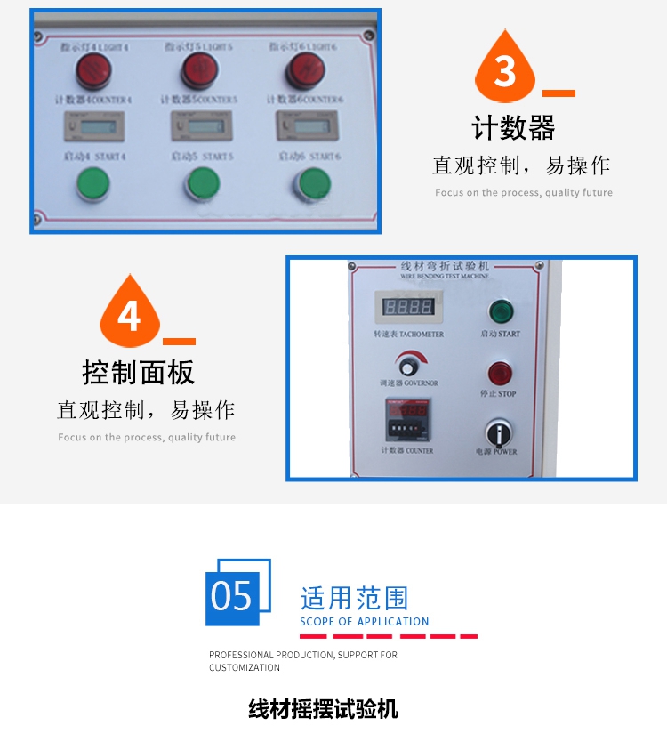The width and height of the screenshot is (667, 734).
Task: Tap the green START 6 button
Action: point(311,183)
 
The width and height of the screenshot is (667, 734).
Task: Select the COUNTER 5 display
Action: point(199,127)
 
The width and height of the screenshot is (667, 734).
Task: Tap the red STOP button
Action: point(501,373)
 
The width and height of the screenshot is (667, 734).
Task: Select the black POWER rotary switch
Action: point(500,433)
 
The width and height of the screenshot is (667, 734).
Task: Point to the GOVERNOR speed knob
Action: point(410,366)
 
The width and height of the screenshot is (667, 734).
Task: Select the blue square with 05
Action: point(233,594)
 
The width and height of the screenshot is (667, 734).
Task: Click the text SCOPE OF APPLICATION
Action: point(365,622)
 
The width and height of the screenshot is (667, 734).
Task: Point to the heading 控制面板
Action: point(138,372)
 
